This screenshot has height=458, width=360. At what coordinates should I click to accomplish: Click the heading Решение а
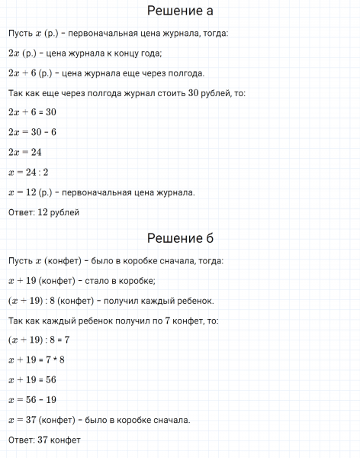click(180, 12)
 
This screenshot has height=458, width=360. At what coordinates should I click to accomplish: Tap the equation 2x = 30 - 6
click(34, 132)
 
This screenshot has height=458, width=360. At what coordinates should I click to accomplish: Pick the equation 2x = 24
click(25, 152)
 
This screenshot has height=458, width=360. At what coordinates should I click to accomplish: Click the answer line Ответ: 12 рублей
click(44, 211)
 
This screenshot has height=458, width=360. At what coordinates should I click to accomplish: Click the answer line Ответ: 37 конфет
click(44, 440)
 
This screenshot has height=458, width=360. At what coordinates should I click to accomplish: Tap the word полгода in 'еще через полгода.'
click(185, 73)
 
